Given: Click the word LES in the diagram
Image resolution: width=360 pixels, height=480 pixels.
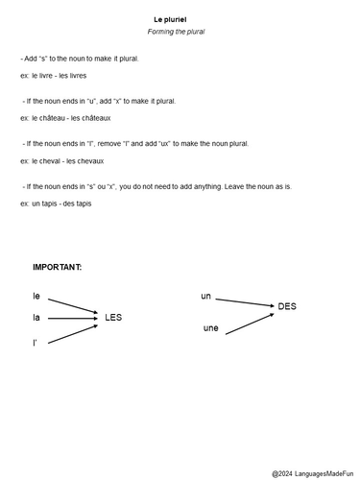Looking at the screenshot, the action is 114,317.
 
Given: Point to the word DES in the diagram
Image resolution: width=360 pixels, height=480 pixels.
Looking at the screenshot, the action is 286,306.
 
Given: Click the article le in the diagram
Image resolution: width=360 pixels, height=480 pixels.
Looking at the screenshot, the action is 36,297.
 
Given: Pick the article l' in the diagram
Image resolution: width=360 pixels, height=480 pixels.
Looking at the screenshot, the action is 36,341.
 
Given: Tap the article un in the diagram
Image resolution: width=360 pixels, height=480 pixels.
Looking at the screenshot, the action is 205,296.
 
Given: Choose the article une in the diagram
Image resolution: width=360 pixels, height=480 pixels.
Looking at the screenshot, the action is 211,328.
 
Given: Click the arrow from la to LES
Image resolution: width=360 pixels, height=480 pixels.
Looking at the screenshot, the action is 73,315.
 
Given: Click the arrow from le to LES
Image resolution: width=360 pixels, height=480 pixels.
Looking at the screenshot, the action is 73,304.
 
